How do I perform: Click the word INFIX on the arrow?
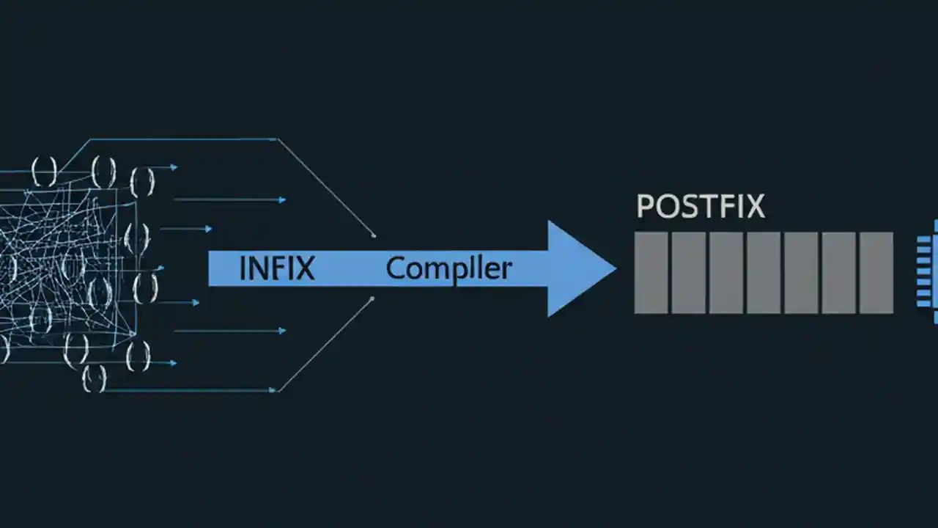pos(277,268)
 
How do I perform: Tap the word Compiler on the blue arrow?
pos(448,268)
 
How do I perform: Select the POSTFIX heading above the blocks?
pos(701,207)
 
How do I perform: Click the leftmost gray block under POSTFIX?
pos(651,273)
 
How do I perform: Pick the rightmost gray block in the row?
pos(876,273)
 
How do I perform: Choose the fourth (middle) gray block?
pos(764,273)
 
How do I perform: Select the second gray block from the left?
pos(688,273)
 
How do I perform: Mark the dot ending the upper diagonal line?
pos(374,235)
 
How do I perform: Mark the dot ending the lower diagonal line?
pos(372,298)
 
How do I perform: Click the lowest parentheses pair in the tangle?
pos(94,379)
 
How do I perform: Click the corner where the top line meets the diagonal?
pos(276,139)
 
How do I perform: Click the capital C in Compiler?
pos(395,268)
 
